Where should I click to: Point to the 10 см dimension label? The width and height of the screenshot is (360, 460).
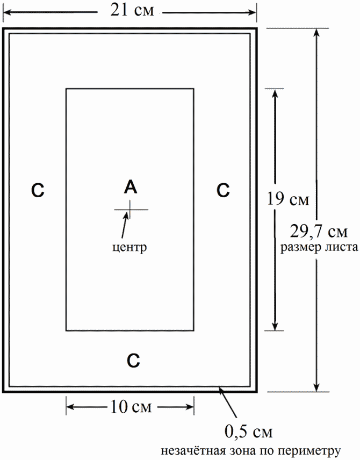[x=130, y=406]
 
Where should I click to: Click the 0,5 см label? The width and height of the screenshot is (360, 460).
[x=248, y=432]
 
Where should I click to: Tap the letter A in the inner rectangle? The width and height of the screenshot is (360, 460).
[x=131, y=187]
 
